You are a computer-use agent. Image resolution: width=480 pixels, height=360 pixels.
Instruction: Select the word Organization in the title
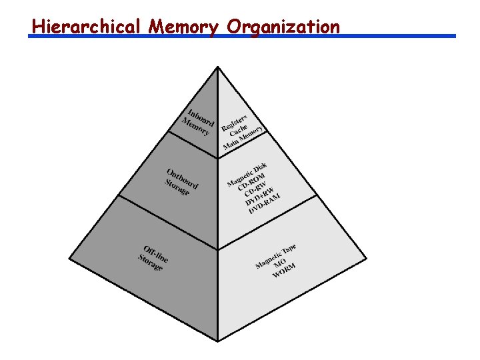tap(283, 27)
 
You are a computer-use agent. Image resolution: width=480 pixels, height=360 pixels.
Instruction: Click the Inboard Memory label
tap(198, 121)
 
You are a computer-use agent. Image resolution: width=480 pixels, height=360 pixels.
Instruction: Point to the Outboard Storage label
tap(181, 181)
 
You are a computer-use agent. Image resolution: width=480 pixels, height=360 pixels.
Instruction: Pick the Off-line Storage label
tap(153, 257)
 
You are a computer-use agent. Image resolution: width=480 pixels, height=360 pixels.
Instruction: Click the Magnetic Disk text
tap(247, 175)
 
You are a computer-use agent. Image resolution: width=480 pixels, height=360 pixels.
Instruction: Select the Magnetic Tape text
tap(275, 257)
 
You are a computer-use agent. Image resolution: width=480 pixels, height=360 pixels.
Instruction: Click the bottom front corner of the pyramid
tap(218, 341)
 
